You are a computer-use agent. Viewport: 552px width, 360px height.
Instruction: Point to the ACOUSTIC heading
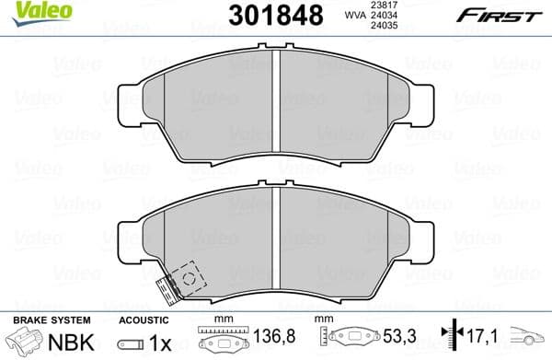click(x=144, y=319)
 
